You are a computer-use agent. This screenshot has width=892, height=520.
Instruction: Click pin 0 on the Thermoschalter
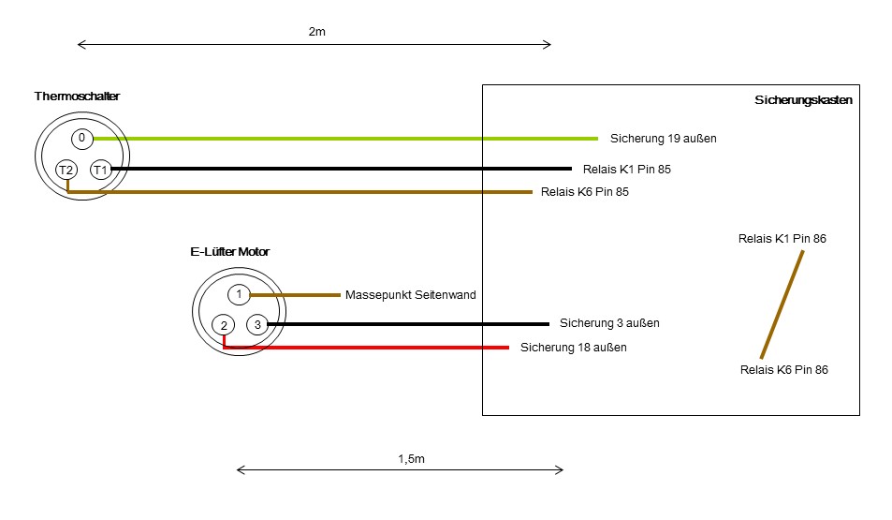[x=81, y=139]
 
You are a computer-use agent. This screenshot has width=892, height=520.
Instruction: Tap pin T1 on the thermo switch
[x=100, y=170]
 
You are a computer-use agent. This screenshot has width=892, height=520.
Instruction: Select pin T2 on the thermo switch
[x=66, y=170]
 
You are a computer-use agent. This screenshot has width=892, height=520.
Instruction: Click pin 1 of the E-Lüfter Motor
[x=239, y=294]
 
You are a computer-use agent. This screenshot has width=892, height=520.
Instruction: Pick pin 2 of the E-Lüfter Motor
[x=225, y=325]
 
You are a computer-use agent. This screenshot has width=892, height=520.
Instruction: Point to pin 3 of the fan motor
[x=257, y=324]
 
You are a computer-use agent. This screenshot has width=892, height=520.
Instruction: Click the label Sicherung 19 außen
[x=663, y=139]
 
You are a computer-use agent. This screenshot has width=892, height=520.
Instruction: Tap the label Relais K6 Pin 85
[x=585, y=192]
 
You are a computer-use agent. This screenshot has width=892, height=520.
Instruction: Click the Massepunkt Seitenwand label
[x=410, y=294]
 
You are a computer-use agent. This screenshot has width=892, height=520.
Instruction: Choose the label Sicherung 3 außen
[x=609, y=323]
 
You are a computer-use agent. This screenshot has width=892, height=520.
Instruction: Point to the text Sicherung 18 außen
[x=573, y=348]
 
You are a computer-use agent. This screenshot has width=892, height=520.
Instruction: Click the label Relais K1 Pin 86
[x=782, y=239]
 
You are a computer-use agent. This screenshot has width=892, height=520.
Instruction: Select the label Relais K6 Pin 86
[x=783, y=370]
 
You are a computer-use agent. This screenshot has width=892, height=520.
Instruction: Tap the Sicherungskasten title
[x=802, y=100]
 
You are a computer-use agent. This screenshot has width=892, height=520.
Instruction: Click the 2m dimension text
[x=316, y=32]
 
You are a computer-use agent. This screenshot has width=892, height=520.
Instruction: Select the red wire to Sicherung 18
[x=374, y=348]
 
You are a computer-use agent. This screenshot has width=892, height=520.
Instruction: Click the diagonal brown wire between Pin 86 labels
[x=782, y=305]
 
